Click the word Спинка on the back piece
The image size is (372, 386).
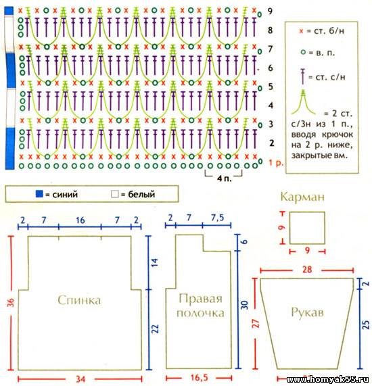coord(79,301)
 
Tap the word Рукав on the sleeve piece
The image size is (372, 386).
coord(307,312)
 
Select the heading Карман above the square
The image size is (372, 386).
coord(302,197)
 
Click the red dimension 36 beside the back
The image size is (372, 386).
coord(11,301)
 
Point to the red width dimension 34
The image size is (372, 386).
coord(80,379)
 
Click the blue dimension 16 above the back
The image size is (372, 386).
coord(80,220)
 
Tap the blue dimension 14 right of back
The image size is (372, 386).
coord(155,262)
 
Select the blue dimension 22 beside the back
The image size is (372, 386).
coord(155,329)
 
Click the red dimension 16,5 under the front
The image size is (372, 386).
coord(199,377)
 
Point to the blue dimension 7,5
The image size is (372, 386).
coord(218,218)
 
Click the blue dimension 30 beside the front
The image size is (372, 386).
coord(244,306)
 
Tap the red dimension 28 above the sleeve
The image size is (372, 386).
coord(307,270)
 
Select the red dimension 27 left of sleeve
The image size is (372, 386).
coord(256,323)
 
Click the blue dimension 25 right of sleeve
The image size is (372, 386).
coord(367,324)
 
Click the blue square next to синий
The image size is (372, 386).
coord(39,194)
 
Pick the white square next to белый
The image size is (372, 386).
coord(114,194)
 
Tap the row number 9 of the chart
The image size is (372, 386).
coord(271,11)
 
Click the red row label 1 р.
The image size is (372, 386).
coord(276,163)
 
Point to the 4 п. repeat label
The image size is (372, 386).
coord(224,178)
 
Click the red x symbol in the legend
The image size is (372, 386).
coord(301,31)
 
